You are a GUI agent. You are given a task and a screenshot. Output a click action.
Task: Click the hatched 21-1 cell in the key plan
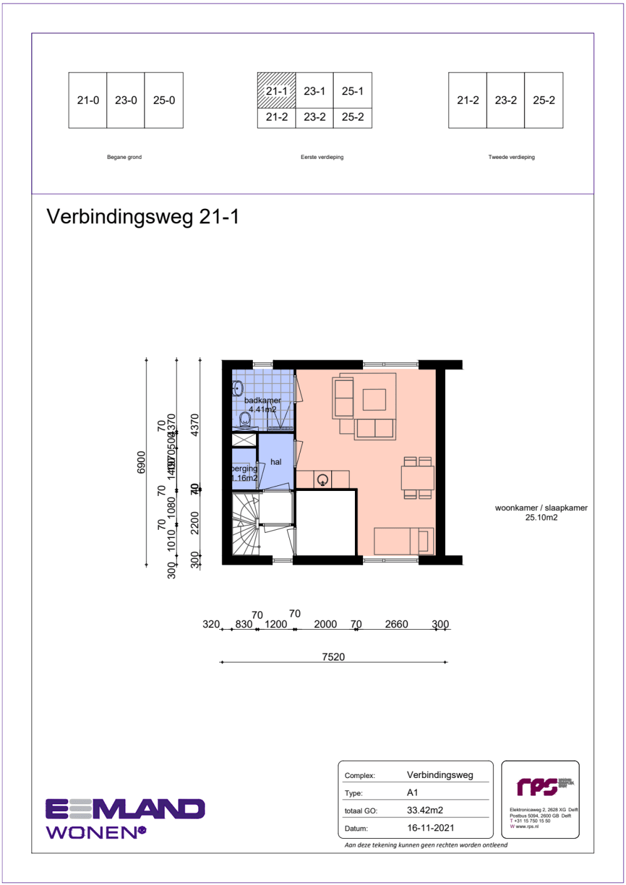(276, 91)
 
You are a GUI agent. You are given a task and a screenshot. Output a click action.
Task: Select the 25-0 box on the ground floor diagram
(164, 100)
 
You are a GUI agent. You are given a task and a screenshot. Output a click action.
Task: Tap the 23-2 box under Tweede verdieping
(506, 100)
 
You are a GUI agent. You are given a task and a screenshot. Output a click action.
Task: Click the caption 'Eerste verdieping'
(322, 157)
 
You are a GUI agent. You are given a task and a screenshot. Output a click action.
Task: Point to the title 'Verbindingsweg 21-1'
(143, 216)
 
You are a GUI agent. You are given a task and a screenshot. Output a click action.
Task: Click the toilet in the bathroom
(245, 418)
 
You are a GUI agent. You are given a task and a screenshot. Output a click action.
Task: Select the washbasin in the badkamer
(237, 389)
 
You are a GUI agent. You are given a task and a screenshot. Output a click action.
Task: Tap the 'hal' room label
(276, 462)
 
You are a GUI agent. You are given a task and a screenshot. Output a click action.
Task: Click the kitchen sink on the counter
(322, 480)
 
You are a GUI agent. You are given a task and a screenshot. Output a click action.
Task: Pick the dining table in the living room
(418, 478)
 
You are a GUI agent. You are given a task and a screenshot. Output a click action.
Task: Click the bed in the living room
(404, 541)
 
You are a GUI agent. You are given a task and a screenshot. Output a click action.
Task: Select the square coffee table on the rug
(374, 399)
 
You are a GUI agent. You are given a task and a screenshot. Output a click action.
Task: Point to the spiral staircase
(246, 523)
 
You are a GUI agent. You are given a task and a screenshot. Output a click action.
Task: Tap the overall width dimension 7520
(333, 657)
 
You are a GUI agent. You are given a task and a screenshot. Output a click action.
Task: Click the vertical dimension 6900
(141, 462)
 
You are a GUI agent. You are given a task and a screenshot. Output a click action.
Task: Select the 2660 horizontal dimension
(396, 624)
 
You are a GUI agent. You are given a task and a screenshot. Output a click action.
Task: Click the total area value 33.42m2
(425, 810)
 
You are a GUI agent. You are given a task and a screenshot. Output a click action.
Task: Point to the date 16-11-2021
(431, 827)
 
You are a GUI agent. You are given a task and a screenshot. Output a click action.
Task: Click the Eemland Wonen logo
(125, 818)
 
